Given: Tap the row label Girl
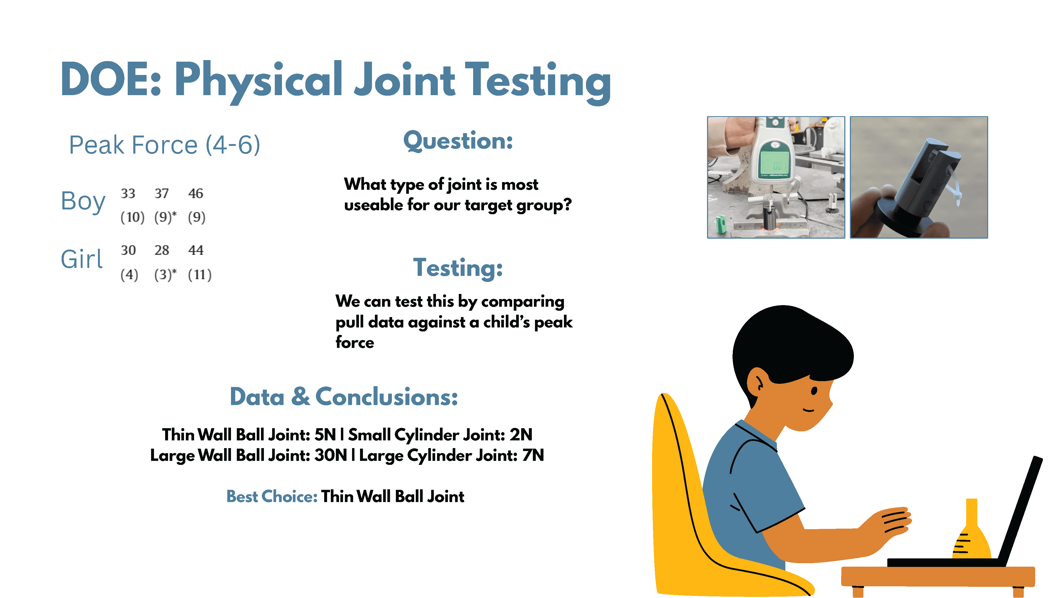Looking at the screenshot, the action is coord(82,259).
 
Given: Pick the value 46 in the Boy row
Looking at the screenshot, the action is coord(196,193).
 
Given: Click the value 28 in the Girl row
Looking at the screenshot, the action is coord(162,250).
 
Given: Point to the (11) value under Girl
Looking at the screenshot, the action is coord(200,275).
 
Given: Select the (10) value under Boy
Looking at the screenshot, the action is coord(132,217).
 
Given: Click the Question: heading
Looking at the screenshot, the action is coord(458,141).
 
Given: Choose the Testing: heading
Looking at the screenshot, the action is coord(458,268).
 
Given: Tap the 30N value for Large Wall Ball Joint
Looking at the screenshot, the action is coord(331,455).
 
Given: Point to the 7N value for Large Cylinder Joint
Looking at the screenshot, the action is coord(533,455).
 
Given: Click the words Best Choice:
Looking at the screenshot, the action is coord(272,496).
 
